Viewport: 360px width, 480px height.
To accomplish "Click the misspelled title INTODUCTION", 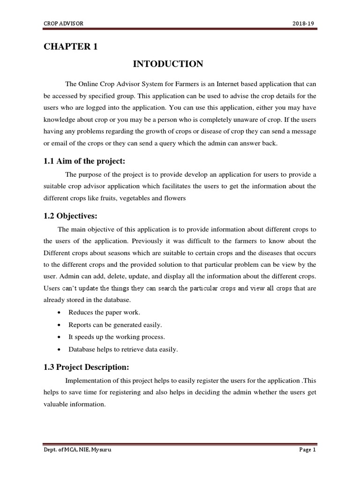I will coord(168,64).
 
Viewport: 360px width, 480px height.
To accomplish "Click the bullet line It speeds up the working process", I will coord(117,337).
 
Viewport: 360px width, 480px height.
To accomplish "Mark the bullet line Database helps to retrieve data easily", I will coord(123,349).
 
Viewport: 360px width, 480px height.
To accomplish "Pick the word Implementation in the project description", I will coord(87,380).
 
